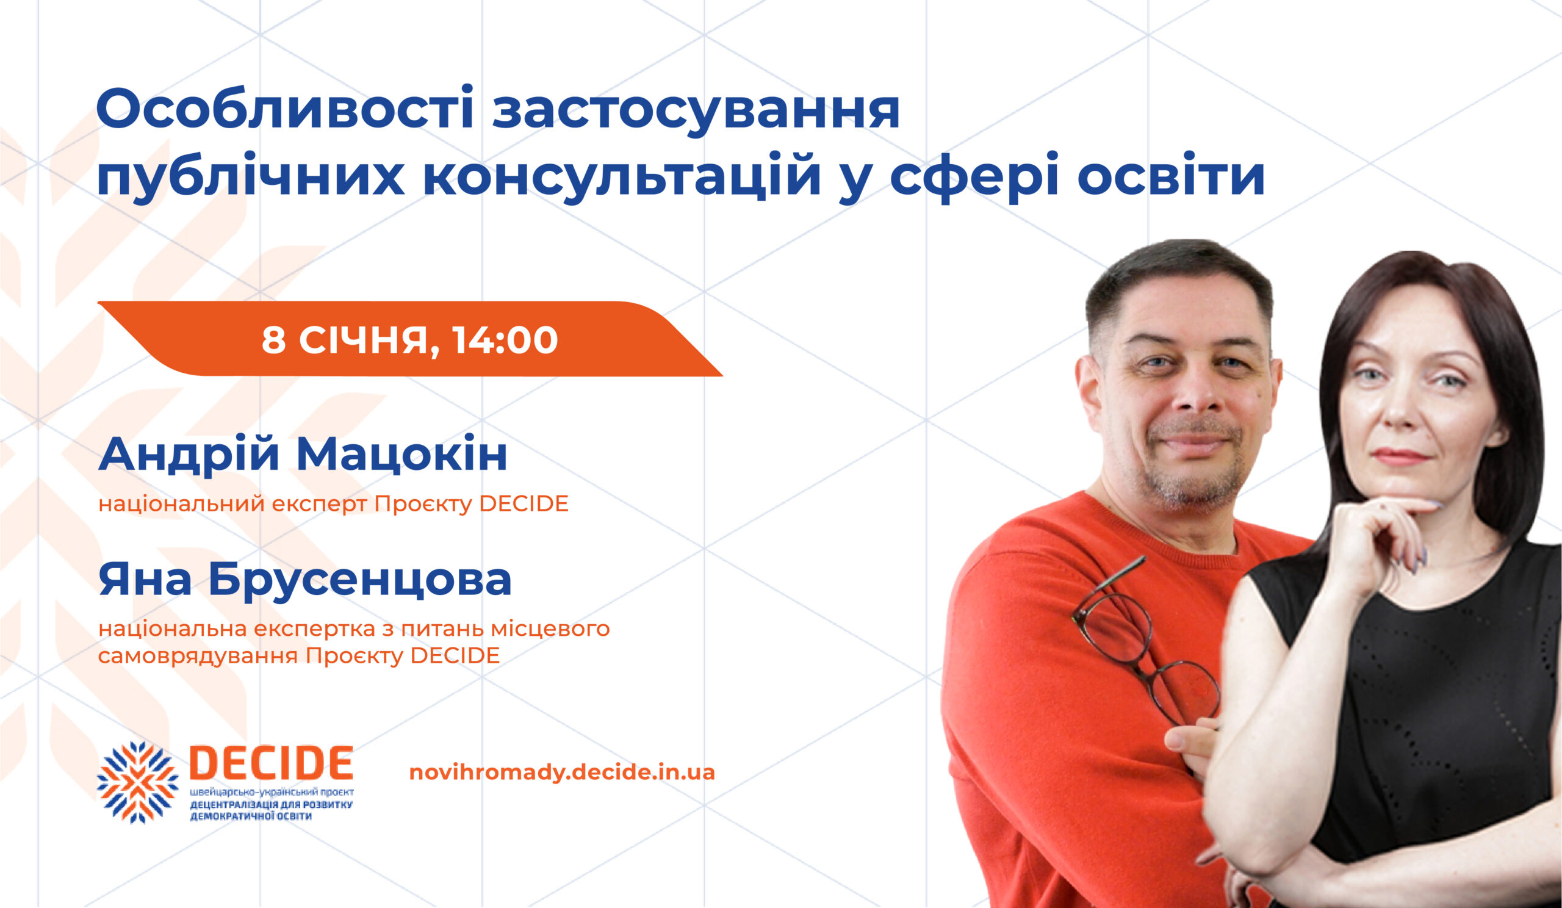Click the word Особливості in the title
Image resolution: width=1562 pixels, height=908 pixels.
pyautogui.click(x=285, y=109)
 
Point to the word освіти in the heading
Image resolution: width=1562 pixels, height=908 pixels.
pyautogui.click(x=1171, y=175)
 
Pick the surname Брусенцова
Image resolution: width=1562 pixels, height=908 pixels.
pyautogui.click(x=359, y=581)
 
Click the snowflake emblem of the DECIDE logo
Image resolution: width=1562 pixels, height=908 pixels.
pyautogui.click(x=137, y=782)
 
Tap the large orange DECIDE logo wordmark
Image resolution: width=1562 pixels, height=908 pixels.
pyautogui.click(x=271, y=763)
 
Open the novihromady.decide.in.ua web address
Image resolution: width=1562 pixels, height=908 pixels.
pyautogui.click(x=561, y=773)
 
